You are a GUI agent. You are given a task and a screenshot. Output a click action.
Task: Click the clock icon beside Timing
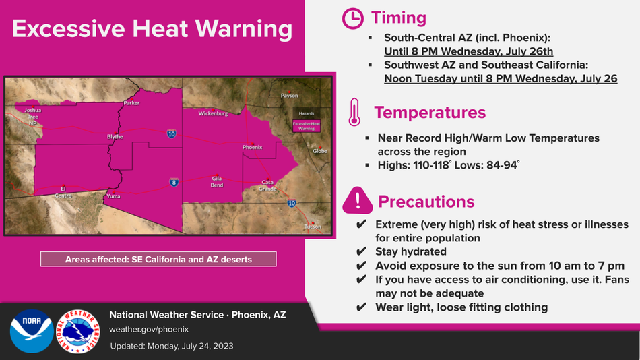coord(352,18)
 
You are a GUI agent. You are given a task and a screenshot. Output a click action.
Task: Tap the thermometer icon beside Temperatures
coord(354,112)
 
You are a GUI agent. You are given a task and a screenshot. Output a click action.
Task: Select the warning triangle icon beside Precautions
coord(358,201)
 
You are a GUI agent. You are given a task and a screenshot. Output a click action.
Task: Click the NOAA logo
coord(32,331)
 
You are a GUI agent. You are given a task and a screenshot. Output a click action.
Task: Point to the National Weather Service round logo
coord(78,331)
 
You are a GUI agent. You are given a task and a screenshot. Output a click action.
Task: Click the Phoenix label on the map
coord(252,147)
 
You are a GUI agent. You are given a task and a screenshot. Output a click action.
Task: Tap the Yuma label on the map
coord(113,196)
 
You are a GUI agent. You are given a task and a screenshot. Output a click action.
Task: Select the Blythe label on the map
coord(115,136)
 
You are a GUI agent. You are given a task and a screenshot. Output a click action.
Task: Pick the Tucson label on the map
coord(313,227)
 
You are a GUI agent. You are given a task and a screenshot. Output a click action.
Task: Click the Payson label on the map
coord(290,96)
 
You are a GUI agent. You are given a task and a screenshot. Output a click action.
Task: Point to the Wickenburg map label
coord(213,113)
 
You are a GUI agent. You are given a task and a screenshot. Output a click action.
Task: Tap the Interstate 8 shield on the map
coord(174,182)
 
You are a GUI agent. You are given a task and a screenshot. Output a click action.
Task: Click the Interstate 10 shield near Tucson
coord(292,203)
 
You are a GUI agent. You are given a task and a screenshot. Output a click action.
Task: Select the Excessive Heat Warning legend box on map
coord(307,126)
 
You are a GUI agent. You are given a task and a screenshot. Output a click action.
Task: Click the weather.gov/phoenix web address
coord(149,330)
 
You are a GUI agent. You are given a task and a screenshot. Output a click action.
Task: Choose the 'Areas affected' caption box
coord(158,259)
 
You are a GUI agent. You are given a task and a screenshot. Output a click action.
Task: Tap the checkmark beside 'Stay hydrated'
coord(361,251)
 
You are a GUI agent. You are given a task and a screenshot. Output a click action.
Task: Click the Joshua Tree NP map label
coord(32,117)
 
